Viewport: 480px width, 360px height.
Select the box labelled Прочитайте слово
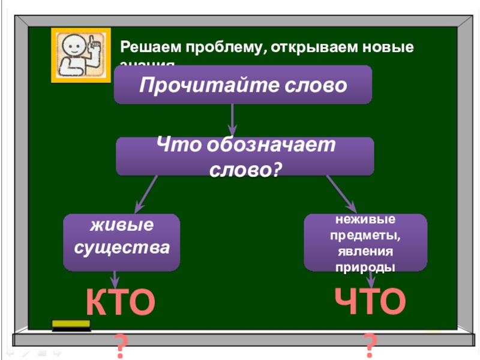coord(243,85)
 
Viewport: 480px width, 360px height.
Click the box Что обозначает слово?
coord(245,157)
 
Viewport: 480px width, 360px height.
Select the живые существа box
coord(122,241)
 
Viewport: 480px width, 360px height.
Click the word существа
coord(122,247)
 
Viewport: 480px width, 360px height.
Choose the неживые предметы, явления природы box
coord(365,242)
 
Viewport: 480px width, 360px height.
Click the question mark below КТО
coord(122,347)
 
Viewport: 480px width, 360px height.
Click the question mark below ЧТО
coord(370,346)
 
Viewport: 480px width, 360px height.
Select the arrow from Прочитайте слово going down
coord(233,119)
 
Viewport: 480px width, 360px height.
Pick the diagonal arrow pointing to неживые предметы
coord(341,193)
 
